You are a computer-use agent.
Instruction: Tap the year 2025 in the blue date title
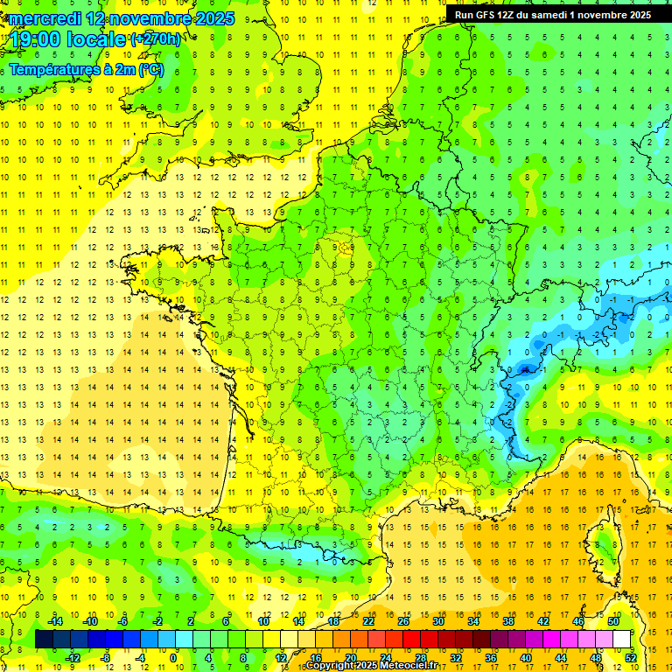[x=212, y=18]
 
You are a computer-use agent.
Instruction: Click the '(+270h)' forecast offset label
[x=156, y=39]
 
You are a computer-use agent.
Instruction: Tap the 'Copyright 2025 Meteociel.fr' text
[x=372, y=666]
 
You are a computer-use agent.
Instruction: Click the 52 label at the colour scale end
[x=631, y=657]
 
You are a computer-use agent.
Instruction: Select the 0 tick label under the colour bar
[x=173, y=657]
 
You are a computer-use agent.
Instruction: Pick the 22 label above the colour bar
[x=368, y=621]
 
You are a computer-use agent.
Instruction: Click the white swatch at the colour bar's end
[x=622, y=640]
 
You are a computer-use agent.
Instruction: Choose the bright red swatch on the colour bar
[x=412, y=640]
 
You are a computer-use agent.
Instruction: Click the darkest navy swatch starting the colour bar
[x=45, y=640]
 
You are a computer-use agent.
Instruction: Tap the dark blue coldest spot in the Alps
[x=524, y=369]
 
